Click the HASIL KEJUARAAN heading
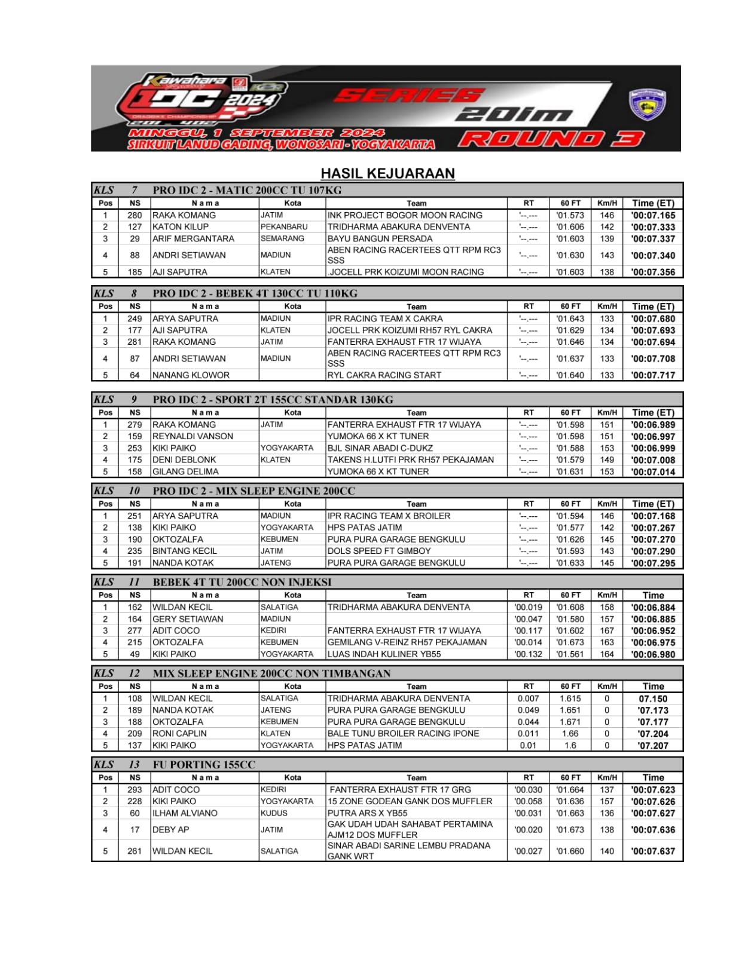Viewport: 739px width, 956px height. [387, 173]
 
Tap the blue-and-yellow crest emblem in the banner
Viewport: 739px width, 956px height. [648, 104]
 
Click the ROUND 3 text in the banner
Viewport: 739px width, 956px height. [551, 139]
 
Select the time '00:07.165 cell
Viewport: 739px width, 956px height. [653, 215]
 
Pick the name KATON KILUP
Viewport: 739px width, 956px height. [181, 227]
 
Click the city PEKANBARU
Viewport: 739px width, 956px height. [284, 227]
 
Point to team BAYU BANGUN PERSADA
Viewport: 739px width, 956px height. [380, 238]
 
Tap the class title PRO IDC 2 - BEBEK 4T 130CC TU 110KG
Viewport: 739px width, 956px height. [255, 293]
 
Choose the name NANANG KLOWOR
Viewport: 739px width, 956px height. [191, 375]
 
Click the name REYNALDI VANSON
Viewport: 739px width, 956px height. [193, 436]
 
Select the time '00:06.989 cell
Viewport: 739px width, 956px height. [653, 425]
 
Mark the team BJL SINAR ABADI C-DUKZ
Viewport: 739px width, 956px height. [380, 448]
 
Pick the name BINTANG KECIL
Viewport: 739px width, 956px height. [185, 551]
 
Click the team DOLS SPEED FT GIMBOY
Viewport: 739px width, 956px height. [379, 551]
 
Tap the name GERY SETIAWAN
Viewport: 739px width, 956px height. [188, 619]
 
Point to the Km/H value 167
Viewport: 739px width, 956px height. [607, 630]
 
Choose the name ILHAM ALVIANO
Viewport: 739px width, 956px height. [185, 813]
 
